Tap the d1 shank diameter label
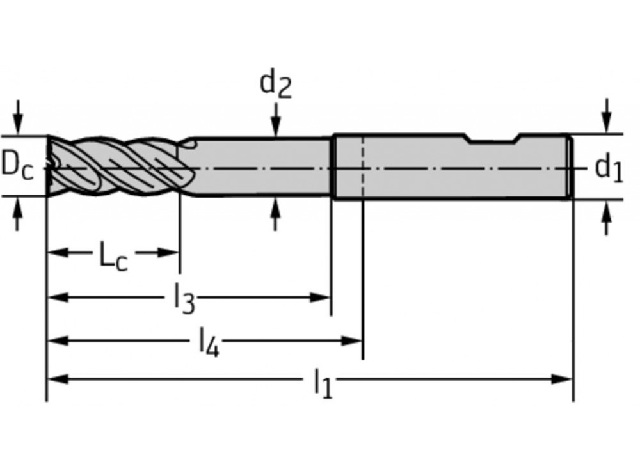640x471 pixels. [609, 168]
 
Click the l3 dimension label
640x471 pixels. [184, 299]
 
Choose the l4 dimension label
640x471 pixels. [209, 342]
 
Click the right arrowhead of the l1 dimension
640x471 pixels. [562, 379]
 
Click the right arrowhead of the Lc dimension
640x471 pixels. [168, 253]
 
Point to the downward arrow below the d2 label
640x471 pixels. [276, 120]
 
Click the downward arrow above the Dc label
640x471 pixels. [17, 116]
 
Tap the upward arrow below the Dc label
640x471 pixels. [17, 214]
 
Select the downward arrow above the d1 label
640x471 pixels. [607, 115]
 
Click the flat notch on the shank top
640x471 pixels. [493, 141]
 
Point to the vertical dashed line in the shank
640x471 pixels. [363, 167]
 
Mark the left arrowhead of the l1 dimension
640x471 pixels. [58, 379]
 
